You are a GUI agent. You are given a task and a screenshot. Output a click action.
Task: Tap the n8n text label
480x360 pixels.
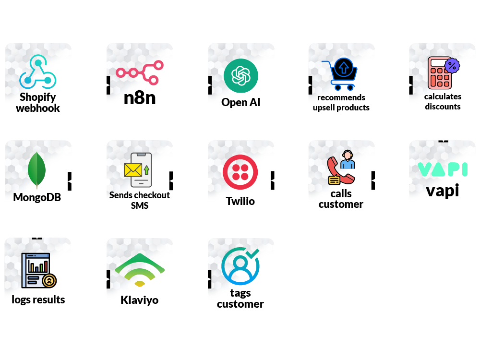click(x=140, y=97)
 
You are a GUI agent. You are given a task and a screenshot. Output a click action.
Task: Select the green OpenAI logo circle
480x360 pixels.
click(x=240, y=76)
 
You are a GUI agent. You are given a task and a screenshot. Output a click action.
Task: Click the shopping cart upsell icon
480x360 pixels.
click(x=340, y=75)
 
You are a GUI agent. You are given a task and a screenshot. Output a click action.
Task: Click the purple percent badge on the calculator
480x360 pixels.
click(x=452, y=65)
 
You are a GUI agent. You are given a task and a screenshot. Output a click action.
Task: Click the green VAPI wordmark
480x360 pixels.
click(x=443, y=169)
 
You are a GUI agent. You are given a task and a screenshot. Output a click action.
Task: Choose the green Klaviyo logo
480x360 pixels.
click(x=140, y=270)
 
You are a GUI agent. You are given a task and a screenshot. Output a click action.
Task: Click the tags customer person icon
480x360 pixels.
click(x=240, y=267)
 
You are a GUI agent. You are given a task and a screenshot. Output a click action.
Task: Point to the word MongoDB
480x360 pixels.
click(x=37, y=197)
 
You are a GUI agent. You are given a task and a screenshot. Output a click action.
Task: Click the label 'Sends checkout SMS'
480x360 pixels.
click(x=140, y=200)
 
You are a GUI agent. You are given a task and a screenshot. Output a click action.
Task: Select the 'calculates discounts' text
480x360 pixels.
click(x=443, y=102)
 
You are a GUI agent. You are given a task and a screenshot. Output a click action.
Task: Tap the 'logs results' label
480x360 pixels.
click(x=38, y=300)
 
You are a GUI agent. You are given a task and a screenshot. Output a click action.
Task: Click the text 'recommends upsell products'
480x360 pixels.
click(x=341, y=103)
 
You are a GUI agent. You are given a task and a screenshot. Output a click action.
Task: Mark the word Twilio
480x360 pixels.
click(x=240, y=201)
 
